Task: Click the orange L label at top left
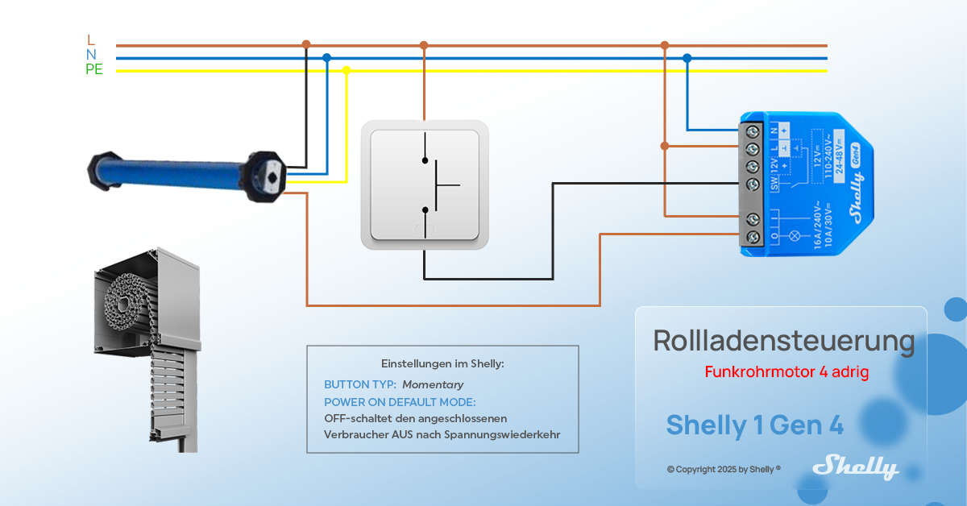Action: [x=91, y=40]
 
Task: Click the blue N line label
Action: [x=91, y=55]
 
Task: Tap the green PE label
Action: [x=94, y=69]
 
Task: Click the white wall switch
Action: [x=425, y=185]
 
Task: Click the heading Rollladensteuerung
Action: [x=783, y=341]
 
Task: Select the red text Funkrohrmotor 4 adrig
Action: [x=786, y=372]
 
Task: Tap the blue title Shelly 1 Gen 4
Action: [x=755, y=425]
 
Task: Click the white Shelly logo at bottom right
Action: [x=855, y=467]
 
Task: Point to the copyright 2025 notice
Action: [x=724, y=469]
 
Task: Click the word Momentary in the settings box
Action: [x=433, y=385]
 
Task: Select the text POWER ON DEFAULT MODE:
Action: [x=400, y=402]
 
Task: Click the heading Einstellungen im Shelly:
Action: [x=442, y=363]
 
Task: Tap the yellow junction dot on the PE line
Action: [x=347, y=70]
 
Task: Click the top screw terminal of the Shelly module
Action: [x=753, y=130]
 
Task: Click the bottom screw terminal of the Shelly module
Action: [x=753, y=238]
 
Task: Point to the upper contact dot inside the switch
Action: [x=425, y=160]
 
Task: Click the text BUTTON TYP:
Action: [x=359, y=385]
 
